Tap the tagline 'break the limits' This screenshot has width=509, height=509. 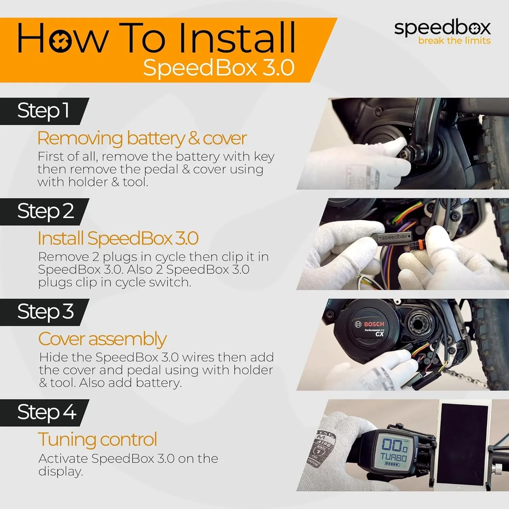[454, 41]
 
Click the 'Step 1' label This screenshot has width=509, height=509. [43, 111]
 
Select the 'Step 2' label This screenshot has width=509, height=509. [45, 211]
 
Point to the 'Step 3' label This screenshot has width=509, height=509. [45, 312]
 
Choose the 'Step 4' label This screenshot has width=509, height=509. [46, 412]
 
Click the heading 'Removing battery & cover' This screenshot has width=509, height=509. [142, 138]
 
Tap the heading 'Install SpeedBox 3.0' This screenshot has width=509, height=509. [118, 238]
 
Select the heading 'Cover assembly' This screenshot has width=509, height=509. [102, 339]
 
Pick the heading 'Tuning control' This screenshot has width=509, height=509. [97, 439]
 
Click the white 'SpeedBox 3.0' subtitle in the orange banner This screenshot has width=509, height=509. [219, 68]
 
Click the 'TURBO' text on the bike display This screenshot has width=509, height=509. [394, 456]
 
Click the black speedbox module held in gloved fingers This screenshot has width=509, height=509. [394, 237]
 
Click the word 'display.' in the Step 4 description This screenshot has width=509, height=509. [60, 471]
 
